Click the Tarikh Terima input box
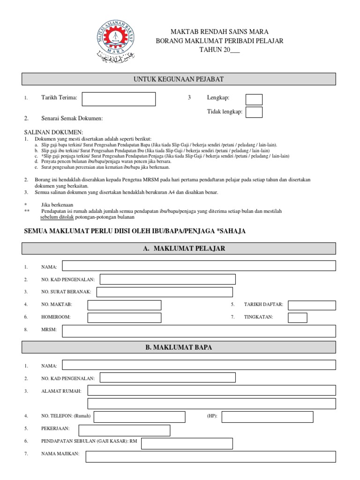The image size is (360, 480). coord(119,99)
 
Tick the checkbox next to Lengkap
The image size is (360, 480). coord(254,99)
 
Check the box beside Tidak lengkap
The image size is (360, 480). coord(254,112)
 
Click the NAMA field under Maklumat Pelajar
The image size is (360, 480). coord(199,266)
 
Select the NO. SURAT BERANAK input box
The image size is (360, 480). coord(164,292)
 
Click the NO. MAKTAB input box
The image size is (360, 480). coord(124,305)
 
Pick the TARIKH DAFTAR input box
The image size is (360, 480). coord(312,305)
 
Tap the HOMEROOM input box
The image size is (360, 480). coord(124,318)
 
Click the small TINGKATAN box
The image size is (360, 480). coord(297,318)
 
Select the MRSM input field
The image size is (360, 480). coord(199,331)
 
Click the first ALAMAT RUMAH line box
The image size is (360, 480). coord(211,390)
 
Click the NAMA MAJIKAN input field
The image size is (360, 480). coord(210,457)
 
